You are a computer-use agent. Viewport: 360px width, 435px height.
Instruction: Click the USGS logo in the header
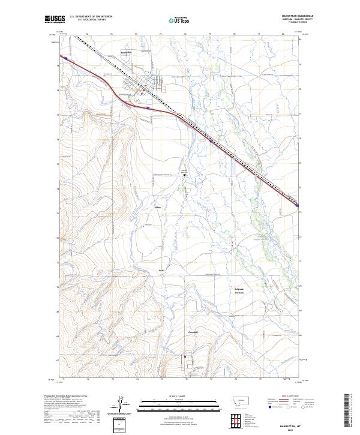(53, 20)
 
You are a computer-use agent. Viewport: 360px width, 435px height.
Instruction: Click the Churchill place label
(193, 332)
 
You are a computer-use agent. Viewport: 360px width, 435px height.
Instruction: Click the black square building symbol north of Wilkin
(185, 175)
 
